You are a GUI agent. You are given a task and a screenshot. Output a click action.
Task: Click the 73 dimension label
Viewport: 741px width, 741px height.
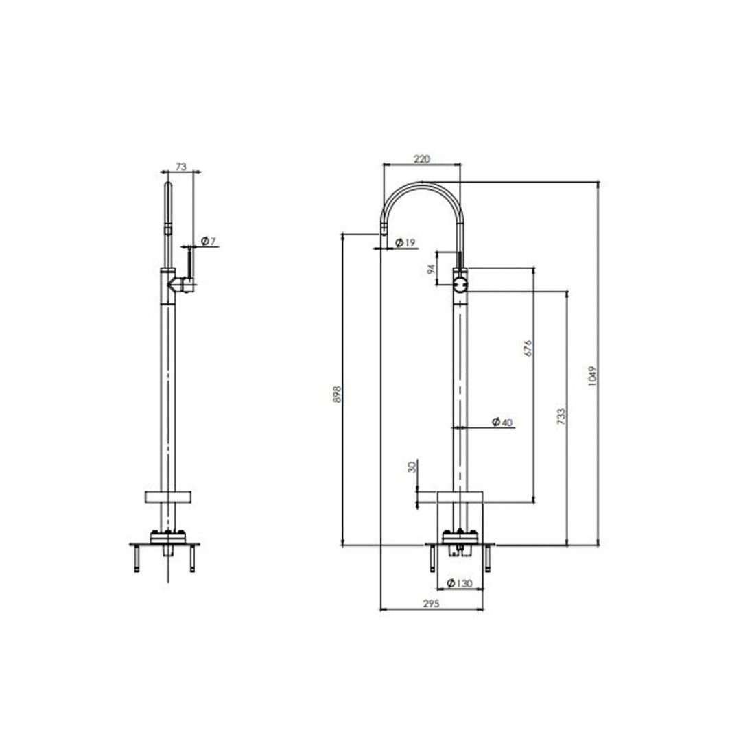(x=181, y=167)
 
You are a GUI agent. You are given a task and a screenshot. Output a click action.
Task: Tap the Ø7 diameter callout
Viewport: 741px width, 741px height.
(x=209, y=241)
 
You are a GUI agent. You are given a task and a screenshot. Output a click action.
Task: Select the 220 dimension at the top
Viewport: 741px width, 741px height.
(x=421, y=158)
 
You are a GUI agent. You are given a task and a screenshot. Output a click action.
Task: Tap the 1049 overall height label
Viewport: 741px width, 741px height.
(x=593, y=375)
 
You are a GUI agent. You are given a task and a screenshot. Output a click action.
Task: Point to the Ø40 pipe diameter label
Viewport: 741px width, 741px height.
(x=502, y=423)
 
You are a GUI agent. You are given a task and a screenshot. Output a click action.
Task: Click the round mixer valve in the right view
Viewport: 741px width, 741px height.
(x=460, y=282)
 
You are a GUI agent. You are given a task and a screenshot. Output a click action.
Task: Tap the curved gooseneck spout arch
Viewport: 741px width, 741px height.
(x=421, y=187)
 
